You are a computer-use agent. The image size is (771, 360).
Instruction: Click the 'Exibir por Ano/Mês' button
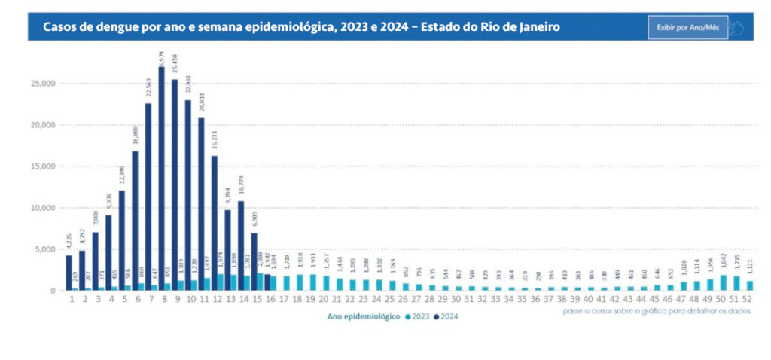click(687, 27)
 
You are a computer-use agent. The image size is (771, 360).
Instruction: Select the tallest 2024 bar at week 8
click(161, 181)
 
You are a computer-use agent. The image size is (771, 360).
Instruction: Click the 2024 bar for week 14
click(240, 246)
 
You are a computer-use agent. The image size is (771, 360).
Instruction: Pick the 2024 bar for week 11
click(201, 203)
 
